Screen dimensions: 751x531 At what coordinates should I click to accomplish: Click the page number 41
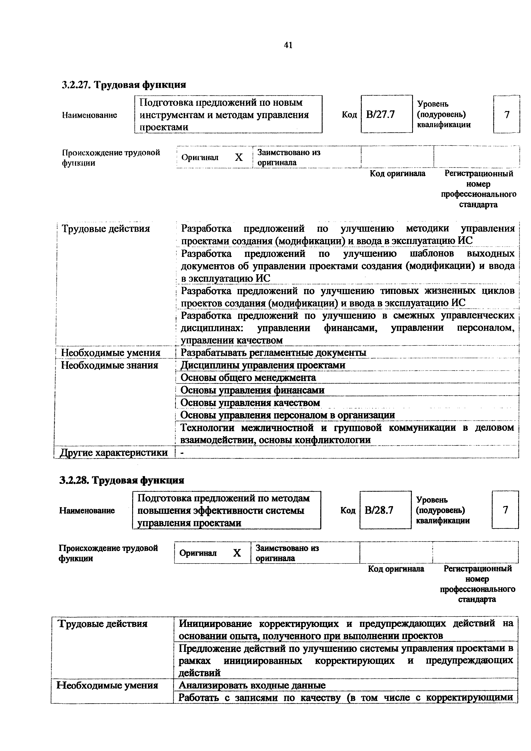pyautogui.click(x=288, y=45)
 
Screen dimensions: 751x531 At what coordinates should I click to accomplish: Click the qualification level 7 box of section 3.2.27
pyautogui.click(x=506, y=115)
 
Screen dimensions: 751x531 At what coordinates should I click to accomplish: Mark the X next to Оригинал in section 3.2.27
pyautogui.click(x=239, y=158)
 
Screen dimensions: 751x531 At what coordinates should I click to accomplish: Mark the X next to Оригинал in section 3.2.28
pyautogui.click(x=237, y=553)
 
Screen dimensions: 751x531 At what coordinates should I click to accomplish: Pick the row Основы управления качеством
pyautogui.click(x=250, y=403)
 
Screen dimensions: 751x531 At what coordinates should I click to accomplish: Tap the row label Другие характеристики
pyautogui.click(x=114, y=453)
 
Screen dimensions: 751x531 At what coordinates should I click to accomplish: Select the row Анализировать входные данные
pyautogui.click(x=252, y=685)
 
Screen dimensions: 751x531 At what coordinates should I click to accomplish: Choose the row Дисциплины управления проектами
pyautogui.click(x=263, y=365)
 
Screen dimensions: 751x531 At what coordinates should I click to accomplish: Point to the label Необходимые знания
pyautogui.click(x=110, y=365)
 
